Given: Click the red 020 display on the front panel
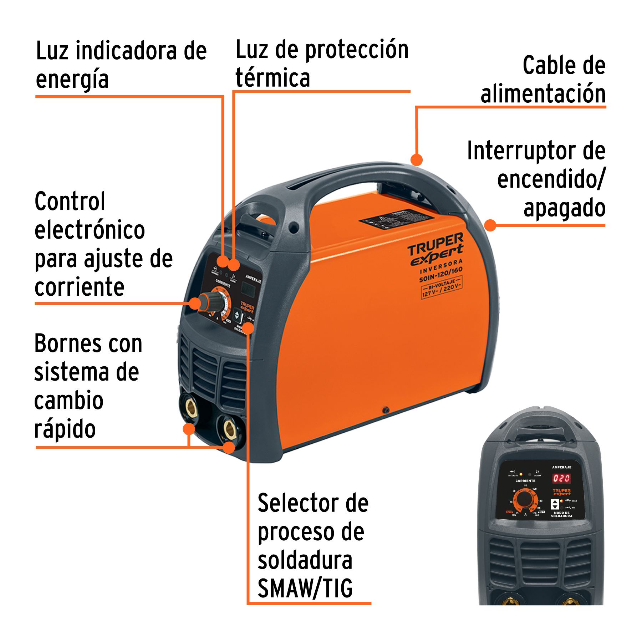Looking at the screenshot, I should coord(561,478).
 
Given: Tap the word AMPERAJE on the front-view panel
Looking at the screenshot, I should coord(561,467).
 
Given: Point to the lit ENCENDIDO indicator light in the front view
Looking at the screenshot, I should coord(521,474).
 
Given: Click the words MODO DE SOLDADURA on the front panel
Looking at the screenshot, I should coord(561,514).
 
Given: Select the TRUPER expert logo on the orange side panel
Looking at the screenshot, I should coord(436,250).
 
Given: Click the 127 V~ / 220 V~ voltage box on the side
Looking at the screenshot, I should coord(442,288).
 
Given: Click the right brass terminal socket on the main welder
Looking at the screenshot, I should coord(230,428).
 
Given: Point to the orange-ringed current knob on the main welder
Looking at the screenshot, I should coord(212,302).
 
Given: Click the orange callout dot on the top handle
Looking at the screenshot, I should coord(416,160).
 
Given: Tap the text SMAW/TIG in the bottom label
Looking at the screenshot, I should coord(305,588).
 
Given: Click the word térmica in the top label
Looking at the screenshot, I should coord(272,78).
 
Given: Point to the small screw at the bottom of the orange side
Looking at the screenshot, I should coord(386,410).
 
